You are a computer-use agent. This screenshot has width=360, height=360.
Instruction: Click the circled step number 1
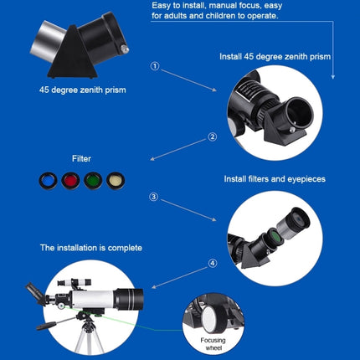click(154, 65)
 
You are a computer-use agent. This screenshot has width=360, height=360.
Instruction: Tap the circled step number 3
click(153, 197)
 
